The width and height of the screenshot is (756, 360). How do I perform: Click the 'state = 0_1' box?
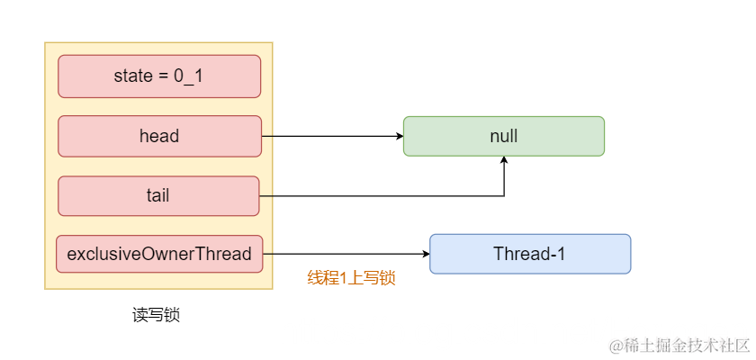pyautogui.click(x=159, y=76)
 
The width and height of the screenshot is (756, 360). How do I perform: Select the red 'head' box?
pyautogui.click(x=159, y=137)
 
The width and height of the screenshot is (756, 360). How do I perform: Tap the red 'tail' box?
pyautogui.click(x=158, y=196)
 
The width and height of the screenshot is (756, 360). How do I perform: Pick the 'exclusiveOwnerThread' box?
pyautogui.click(x=159, y=254)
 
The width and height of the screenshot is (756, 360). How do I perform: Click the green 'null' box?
pyautogui.click(x=503, y=136)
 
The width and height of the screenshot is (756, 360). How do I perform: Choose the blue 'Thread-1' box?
pyautogui.click(x=529, y=254)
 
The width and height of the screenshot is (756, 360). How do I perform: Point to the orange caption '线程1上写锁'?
pyautogui.click(x=351, y=278)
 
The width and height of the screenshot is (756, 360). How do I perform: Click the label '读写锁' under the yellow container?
pyautogui.click(x=156, y=315)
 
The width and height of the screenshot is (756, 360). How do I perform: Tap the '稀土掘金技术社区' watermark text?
pyautogui.click(x=688, y=346)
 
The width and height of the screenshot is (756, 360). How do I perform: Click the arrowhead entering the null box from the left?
pyautogui.click(x=398, y=137)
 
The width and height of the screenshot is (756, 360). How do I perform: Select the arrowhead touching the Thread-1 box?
pyautogui.click(x=424, y=254)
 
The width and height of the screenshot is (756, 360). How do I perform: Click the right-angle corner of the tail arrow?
pyautogui.click(x=504, y=196)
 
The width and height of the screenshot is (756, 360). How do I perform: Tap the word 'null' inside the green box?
pyautogui.click(x=503, y=137)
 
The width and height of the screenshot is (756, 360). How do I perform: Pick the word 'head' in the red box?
pyautogui.click(x=159, y=137)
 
